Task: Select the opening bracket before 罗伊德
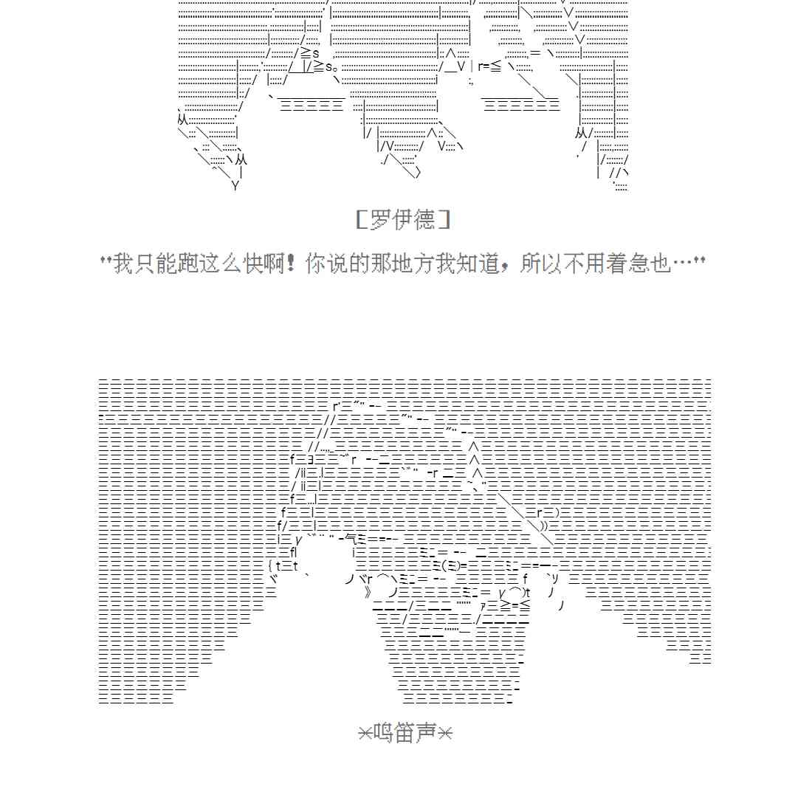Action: tap(362, 220)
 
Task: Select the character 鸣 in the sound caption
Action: tap(384, 733)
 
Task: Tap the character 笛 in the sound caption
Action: tap(405, 733)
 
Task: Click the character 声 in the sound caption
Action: tap(427, 733)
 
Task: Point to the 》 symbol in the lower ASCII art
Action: tap(368, 591)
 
